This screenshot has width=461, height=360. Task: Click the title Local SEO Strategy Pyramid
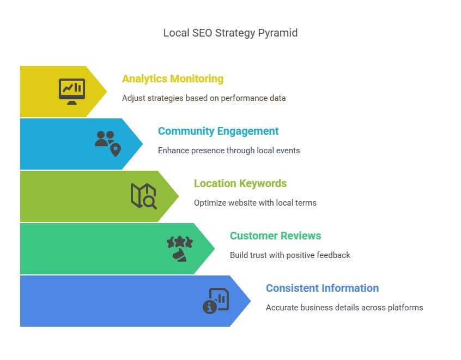tap(230, 33)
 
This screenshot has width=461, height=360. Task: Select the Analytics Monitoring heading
tap(173, 79)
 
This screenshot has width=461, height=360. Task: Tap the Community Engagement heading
tap(218, 131)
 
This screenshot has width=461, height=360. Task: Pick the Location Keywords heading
tap(240, 183)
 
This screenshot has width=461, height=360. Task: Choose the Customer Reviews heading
tap(275, 236)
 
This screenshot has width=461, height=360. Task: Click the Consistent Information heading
tap(322, 288)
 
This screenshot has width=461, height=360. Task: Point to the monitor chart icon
tap(72, 91)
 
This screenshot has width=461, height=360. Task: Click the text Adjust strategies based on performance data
tap(204, 98)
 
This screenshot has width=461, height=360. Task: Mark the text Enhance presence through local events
tap(229, 151)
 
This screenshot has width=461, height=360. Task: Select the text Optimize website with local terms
tap(255, 203)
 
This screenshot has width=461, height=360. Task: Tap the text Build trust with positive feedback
tap(290, 255)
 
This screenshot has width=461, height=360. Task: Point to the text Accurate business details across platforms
tap(344, 308)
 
